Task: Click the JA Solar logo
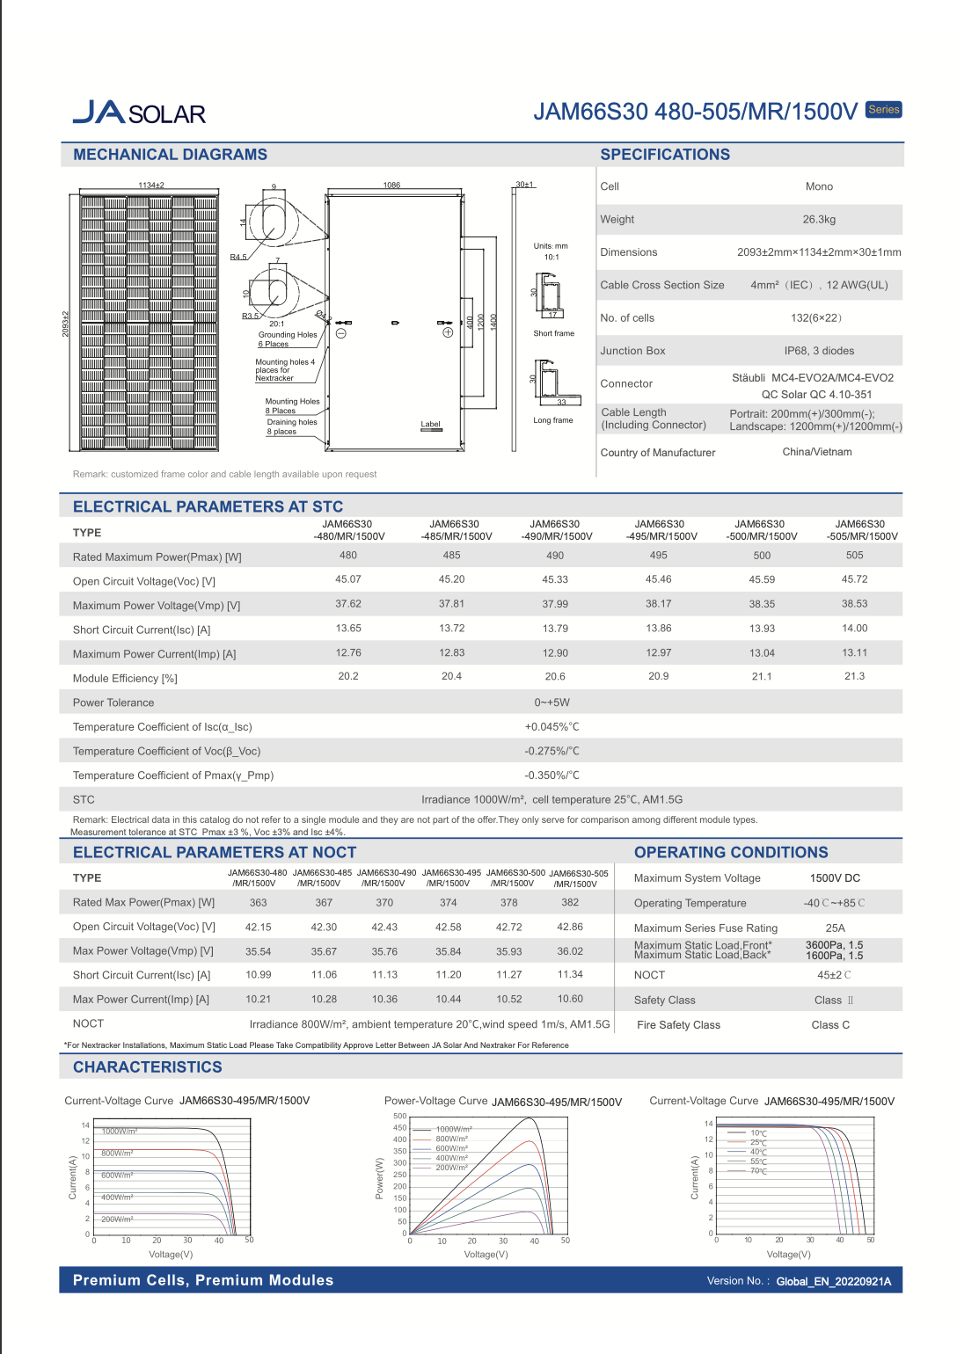(139, 113)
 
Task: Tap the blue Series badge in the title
(883, 110)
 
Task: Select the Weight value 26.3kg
(819, 220)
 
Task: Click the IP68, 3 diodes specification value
(819, 351)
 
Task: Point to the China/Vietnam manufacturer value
(817, 452)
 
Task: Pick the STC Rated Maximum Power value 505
(854, 556)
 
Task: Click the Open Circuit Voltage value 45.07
(348, 579)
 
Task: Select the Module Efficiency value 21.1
(762, 677)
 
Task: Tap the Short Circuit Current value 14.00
(854, 629)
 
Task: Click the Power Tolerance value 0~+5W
(552, 702)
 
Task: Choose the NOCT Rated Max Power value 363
(258, 903)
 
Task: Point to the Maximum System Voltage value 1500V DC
(835, 878)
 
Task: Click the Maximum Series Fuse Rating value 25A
(835, 928)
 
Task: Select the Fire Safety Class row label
(678, 1025)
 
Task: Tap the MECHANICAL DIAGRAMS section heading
(170, 155)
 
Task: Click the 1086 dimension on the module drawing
(391, 186)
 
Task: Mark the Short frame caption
(553, 334)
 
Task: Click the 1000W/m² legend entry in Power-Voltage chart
(454, 1129)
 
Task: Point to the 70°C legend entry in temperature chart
(758, 1171)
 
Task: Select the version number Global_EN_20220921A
(833, 1282)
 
